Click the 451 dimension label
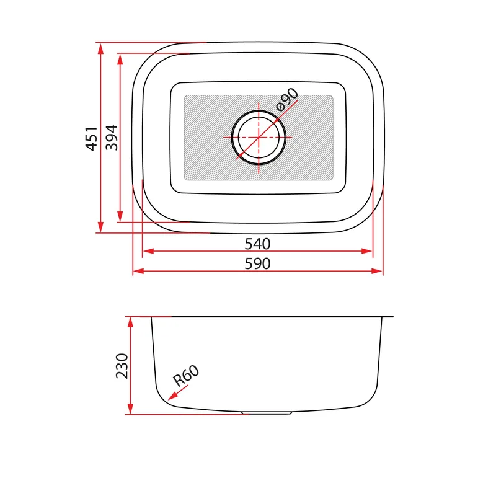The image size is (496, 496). pyautogui.click(x=92, y=138)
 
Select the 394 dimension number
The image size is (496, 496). pyautogui.click(x=112, y=138)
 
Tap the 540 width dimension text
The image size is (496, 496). pyautogui.click(x=257, y=244)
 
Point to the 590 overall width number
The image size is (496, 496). pyautogui.click(x=257, y=263)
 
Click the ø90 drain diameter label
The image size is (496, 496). pyautogui.click(x=286, y=100)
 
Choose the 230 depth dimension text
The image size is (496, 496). pyautogui.click(x=122, y=366)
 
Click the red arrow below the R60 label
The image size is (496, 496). pyautogui.click(x=178, y=392)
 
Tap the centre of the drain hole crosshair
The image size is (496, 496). pyautogui.click(x=259, y=137)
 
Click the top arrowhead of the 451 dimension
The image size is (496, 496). pyautogui.click(x=100, y=48)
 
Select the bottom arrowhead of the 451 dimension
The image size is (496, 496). pyautogui.click(x=100, y=227)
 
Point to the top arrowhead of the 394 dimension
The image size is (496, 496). pyautogui.click(x=120, y=60)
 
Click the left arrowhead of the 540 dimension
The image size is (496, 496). pyautogui.click(x=148, y=251)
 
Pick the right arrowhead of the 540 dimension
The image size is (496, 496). pyautogui.click(x=366, y=251)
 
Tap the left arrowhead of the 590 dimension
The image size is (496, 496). pyautogui.click(x=138, y=271)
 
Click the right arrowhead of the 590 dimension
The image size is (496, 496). pyautogui.click(x=377, y=271)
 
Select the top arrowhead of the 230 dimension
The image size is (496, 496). pyautogui.click(x=130, y=322)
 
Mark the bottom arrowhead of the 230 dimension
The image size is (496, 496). pyautogui.click(x=130, y=409)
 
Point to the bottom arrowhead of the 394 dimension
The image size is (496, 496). pyautogui.click(x=120, y=216)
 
